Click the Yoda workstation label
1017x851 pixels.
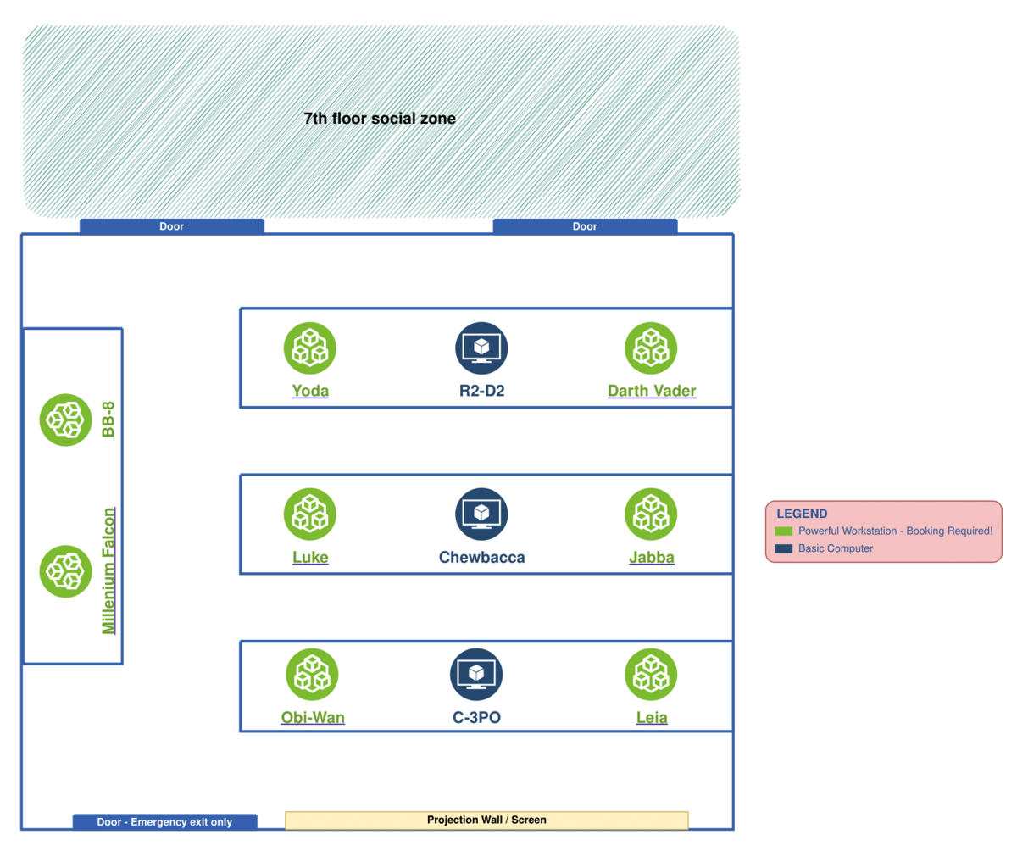pos(310,391)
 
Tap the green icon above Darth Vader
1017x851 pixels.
pos(651,348)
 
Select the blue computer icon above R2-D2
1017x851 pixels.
pos(481,348)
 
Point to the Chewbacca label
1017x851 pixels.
pos(481,557)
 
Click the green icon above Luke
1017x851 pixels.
pos(310,514)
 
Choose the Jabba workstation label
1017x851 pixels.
pos(651,557)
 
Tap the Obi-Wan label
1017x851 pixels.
pos(313,718)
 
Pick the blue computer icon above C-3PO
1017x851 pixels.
pos(476,675)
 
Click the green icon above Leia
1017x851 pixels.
pos(651,675)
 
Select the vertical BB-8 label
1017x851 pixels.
pos(108,420)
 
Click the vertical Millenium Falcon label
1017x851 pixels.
pos(108,570)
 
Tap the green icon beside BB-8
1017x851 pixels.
pos(66,420)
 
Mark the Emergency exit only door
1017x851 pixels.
pos(164,821)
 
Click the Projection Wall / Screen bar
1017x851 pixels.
pos(486,820)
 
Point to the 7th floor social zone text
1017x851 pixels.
pos(380,119)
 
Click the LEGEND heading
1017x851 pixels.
pos(802,514)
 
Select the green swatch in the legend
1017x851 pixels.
pos(784,531)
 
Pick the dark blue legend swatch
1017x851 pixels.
pos(784,548)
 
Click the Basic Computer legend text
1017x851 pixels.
pos(835,548)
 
